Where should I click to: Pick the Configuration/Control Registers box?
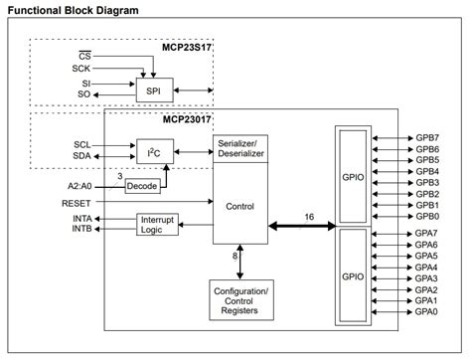tap(239, 299)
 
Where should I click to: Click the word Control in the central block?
tap(239, 206)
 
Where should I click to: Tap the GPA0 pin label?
tap(427, 311)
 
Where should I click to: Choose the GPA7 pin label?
tap(427, 234)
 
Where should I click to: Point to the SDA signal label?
tap(81, 156)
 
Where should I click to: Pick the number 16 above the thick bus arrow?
tap(309, 216)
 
